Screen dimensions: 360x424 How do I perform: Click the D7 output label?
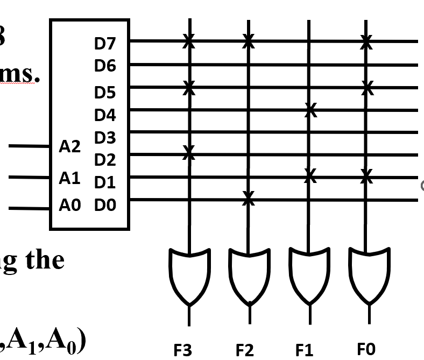click(x=105, y=44)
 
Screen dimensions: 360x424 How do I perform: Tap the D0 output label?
click(x=105, y=205)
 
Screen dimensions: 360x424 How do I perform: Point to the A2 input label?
click(x=69, y=146)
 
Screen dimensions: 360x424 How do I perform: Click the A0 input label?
click(x=69, y=205)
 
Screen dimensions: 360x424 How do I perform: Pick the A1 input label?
click(x=69, y=178)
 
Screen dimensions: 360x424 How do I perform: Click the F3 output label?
click(x=182, y=350)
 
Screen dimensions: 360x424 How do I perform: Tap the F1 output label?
click(x=304, y=350)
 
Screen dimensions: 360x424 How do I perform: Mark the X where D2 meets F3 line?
click(x=188, y=153)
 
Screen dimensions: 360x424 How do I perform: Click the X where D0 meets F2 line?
click(x=248, y=198)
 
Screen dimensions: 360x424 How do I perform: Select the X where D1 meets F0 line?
click(x=367, y=175)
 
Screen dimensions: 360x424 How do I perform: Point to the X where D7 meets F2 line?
click(x=248, y=40)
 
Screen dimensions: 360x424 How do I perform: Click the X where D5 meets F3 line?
click(x=188, y=87)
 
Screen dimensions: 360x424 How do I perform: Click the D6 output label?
click(x=105, y=66)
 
